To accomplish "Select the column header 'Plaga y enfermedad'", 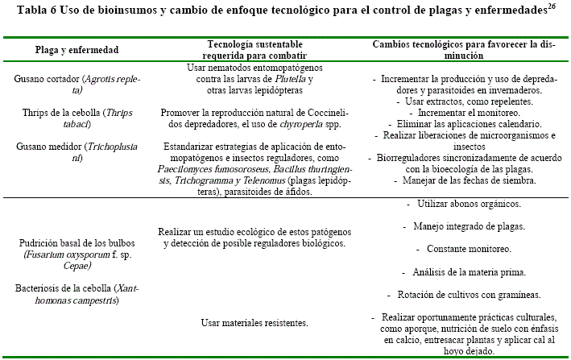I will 77,50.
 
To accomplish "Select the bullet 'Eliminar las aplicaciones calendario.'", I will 467,125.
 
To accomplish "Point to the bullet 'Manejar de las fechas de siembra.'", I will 468,181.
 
